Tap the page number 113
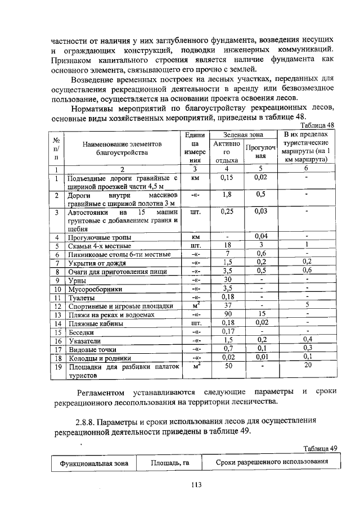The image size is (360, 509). (196, 484)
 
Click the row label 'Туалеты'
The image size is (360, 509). (82, 296)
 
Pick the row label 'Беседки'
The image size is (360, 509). (82, 332)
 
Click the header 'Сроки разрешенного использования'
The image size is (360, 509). (272, 462)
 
